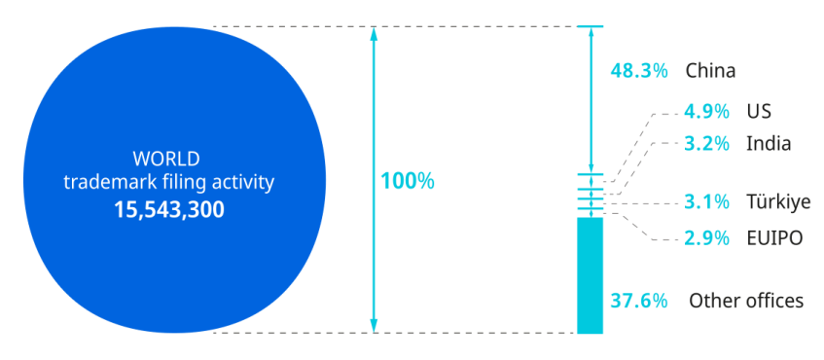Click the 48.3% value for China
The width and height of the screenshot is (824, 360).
639,71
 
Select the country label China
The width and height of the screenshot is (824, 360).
710,71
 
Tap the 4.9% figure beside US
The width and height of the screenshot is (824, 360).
706,112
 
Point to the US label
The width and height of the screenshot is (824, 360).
759,112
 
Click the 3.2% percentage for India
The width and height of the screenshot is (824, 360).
706,143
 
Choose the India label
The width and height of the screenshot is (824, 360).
769,143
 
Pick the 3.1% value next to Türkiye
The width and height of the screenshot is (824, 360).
706,201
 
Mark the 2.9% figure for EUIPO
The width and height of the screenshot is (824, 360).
706,238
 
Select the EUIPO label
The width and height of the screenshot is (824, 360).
775,238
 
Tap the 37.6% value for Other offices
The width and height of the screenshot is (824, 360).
639,301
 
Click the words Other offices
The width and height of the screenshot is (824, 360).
746,301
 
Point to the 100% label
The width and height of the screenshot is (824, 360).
408,181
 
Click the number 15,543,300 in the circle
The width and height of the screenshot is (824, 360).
169,209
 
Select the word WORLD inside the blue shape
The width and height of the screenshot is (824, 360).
166,159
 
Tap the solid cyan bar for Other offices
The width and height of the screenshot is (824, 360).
590,275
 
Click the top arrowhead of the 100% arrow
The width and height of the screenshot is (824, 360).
374,33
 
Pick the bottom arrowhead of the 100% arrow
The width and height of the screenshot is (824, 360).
374,326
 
